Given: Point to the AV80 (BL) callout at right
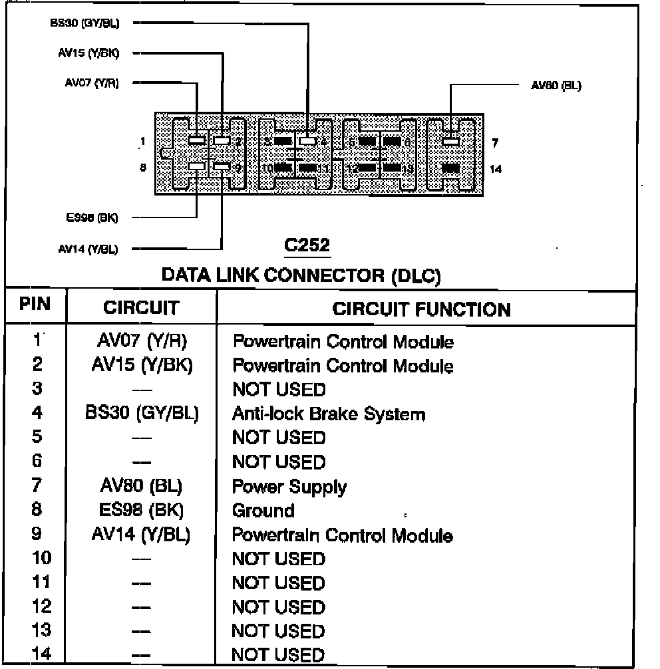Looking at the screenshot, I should tap(556, 86).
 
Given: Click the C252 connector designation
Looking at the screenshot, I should tap(307, 246).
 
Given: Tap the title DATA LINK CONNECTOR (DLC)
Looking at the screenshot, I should tap(301, 275).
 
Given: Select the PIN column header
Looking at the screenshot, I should tap(35, 305).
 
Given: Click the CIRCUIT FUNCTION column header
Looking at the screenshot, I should tap(422, 309).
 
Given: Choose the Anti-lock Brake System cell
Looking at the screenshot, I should tap(328, 414).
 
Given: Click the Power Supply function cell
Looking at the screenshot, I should tap(289, 487).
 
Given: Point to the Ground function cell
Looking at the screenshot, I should tap(263, 511).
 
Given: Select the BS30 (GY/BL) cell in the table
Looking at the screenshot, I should tap(142, 414).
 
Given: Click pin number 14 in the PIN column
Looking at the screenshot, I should tap(41, 654).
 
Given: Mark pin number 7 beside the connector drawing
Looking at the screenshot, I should tap(494, 142).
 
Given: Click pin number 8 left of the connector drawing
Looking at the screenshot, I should tap(142, 168).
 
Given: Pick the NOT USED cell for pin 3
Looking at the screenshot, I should tap(279, 390).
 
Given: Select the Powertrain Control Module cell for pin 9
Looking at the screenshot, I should tap(342, 535).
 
